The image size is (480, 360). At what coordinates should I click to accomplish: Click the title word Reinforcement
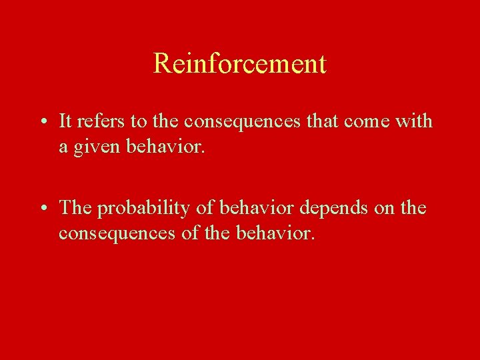[x=240, y=64]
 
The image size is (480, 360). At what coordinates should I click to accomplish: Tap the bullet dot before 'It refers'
[x=41, y=122]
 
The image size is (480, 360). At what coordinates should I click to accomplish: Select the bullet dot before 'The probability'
[x=41, y=208]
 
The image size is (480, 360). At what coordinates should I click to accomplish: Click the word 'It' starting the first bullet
[x=65, y=121]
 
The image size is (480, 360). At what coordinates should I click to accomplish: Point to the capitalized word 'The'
[x=75, y=207]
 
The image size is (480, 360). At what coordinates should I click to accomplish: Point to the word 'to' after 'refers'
[x=133, y=122]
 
